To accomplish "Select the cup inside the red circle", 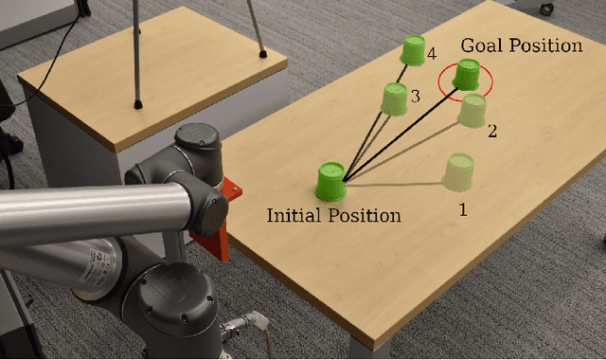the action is [466, 76].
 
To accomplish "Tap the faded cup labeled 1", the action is [460, 171].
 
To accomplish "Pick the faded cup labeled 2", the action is [472, 110].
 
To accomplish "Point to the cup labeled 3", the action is [395, 97].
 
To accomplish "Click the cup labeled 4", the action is [413, 49].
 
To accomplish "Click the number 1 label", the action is [462, 209].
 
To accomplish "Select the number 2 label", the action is [491, 132].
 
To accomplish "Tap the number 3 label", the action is [415, 96].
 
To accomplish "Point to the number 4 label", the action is [432, 54].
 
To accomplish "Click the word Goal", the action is [480, 45].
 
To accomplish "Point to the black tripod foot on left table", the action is [139, 100].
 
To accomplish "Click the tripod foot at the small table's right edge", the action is [262, 54].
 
